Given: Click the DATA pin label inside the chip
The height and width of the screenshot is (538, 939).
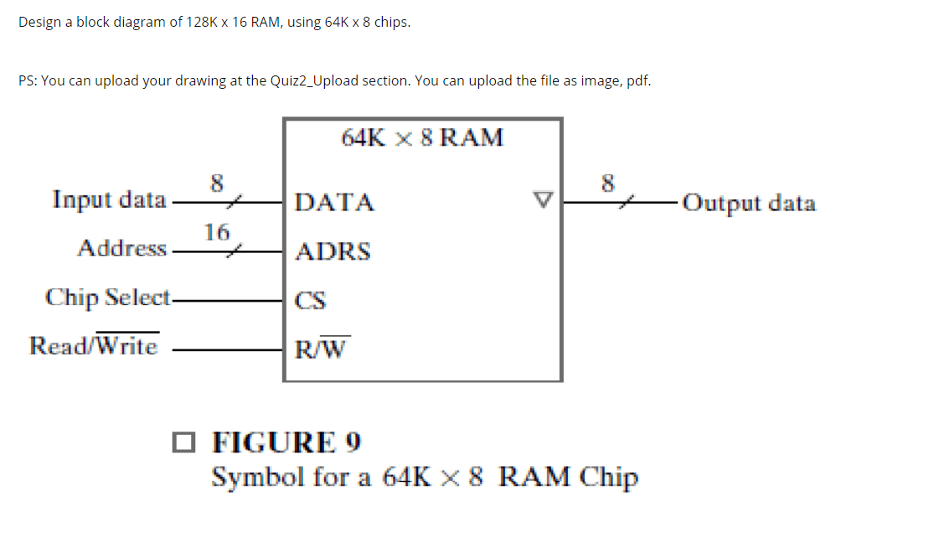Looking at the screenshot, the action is [x=334, y=202].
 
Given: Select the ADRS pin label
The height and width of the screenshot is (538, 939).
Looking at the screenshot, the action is [x=333, y=251].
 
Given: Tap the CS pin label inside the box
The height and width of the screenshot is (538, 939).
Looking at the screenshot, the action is [x=310, y=300].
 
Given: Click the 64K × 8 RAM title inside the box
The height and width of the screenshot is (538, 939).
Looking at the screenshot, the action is [x=422, y=137].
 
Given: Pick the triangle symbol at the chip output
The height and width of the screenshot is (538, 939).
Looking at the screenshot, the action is [x=543, y=199].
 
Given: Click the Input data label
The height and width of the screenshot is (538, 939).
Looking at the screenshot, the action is [x=109, y=199].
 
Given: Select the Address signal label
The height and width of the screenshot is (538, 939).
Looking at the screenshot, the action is [x=121, y=248].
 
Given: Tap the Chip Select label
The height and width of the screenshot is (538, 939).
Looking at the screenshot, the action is [x=108, y=297].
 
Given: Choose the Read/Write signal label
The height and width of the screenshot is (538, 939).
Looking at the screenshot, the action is [x=94, y=344].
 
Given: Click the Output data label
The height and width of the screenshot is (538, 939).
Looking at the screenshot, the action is [x=749, y=203].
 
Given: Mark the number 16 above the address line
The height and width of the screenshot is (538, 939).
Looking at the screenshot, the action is [x=216, y=232].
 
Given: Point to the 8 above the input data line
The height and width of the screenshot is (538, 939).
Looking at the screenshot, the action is [x=217, y=183].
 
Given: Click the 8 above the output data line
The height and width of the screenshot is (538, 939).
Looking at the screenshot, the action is [x=608, y=183].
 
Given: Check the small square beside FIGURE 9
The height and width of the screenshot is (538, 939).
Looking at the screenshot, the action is [x=183, y=442].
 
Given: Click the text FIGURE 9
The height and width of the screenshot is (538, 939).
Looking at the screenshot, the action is [x=286, y=442].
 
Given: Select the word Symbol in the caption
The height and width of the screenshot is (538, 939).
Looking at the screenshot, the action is [x=258, y=478].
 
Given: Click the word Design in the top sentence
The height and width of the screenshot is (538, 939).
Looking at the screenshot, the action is [x=39, y=22].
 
